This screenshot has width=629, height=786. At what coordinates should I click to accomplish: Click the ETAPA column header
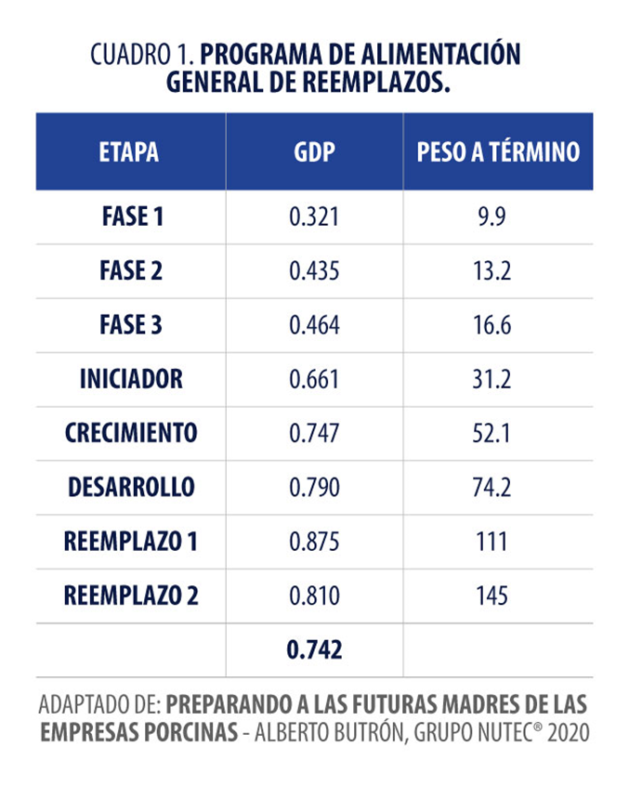point(129,152)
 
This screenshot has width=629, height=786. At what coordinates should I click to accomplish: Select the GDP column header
point(314,152)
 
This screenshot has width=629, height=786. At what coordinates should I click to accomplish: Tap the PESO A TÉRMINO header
point(498,152)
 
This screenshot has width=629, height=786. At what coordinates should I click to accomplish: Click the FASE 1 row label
point(130,217)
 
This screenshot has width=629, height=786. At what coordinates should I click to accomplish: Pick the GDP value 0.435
point(314,271)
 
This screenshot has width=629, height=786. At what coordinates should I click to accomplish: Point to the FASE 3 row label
point(130,325)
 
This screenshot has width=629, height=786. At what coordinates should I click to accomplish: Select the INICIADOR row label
point(130,379)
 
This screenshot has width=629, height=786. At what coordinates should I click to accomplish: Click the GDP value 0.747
point(314,433)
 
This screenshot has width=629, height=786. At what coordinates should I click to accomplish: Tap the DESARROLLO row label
point(130,487)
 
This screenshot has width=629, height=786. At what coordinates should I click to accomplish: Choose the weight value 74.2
point(499,487)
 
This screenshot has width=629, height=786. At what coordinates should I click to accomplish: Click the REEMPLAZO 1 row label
point(130,541)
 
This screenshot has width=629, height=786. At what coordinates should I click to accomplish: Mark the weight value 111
point(499,541)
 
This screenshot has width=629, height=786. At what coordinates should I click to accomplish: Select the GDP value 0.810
point(314,595)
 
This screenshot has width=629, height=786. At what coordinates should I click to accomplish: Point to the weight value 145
point(499,595)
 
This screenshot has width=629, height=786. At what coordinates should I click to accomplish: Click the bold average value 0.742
point(314,649)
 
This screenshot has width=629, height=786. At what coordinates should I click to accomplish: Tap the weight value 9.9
point(499,217)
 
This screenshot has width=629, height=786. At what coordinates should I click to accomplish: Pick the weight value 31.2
point(499,379)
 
